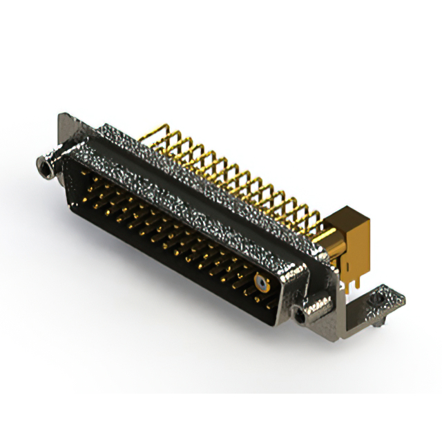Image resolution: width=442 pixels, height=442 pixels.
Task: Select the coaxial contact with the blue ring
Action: [x=262, y=282]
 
